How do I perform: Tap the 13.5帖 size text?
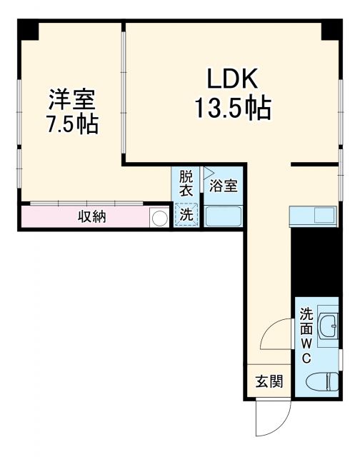click(x=233, y=108)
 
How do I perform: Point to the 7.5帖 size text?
click(x=72, y=124)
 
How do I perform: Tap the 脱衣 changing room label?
click(x=186, y=183)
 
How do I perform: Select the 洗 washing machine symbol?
click(x=186, y=214)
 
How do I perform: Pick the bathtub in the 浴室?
click(x=224, y=216)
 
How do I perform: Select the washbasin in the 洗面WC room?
click(x=328, y=327)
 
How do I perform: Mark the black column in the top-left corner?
click(x=28, y=30)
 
